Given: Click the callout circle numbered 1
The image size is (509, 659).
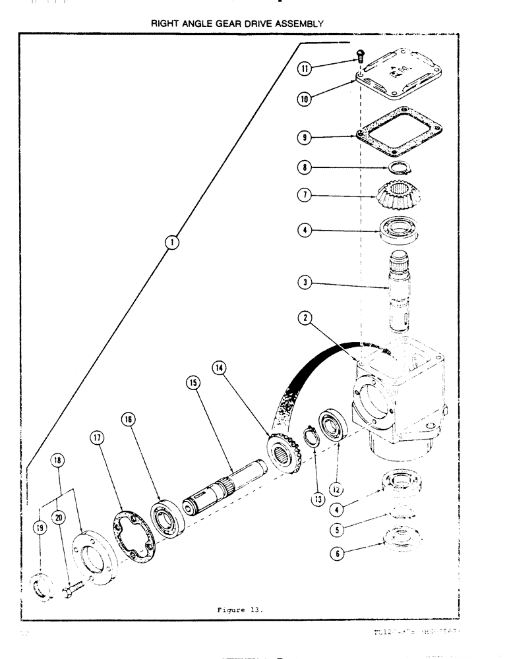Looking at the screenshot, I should (x=171, y=243).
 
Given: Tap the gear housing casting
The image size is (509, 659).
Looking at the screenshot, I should (x=396, y=395).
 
